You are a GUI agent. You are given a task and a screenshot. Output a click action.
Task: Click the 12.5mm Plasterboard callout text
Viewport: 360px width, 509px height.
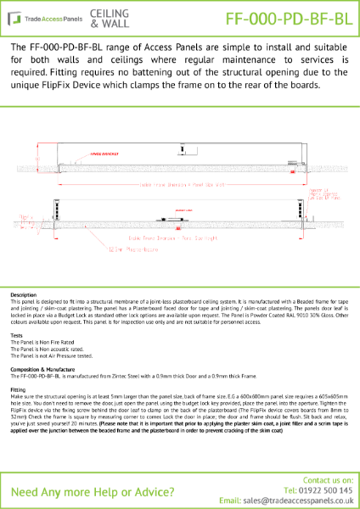pyautogui.click(x=126, y=249)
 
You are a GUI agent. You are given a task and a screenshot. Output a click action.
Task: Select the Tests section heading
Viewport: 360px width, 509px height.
pyautogui.click(x=17, y=334)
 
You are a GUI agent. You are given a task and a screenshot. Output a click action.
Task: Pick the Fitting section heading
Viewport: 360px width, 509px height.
pyautogui.click(x=20, y=389)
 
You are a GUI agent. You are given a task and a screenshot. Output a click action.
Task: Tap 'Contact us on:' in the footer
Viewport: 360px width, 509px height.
pyautogui.click(x=328, y=479)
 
